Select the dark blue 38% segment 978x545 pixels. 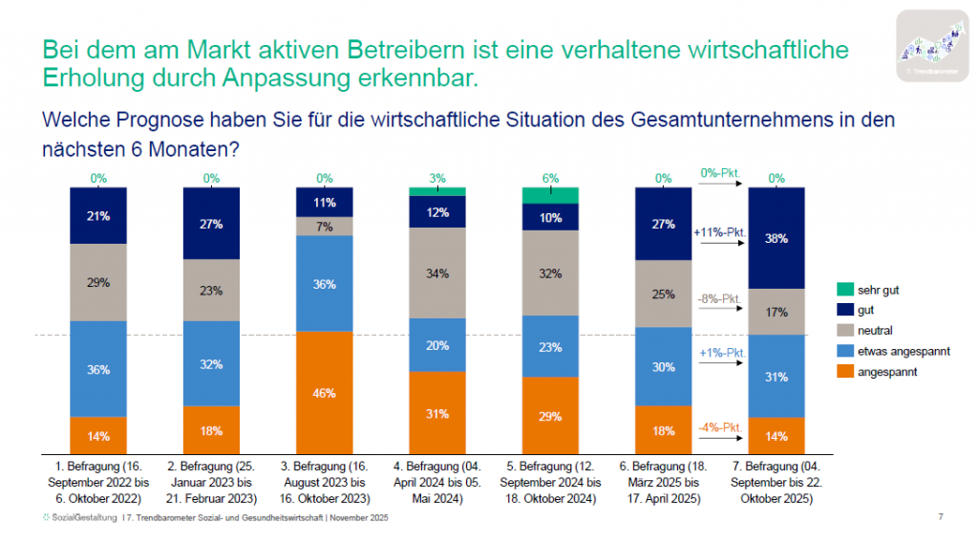click(x=776, y=238)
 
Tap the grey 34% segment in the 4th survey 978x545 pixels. click(x=437, y=272)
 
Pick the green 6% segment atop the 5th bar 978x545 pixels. click(x=550, y=195)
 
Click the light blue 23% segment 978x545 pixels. click(x=550, y=345)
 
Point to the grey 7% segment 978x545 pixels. click(x=325, y=226)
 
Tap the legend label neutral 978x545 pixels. click(x=876, y=331)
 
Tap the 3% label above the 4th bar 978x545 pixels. click(x=437, y=178)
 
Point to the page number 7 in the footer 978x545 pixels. click(x=941, y=517)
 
